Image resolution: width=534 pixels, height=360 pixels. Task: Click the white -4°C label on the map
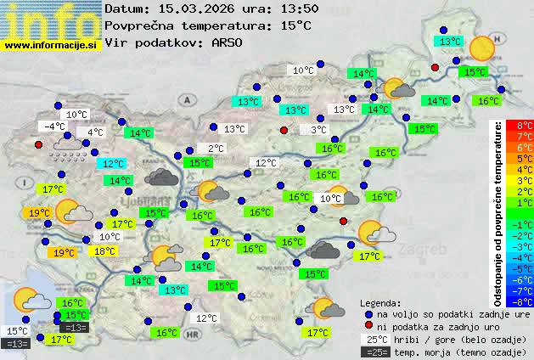[53, 127]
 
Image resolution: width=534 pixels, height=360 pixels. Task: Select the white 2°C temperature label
[216, 149]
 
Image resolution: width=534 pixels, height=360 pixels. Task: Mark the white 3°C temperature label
[318, 130]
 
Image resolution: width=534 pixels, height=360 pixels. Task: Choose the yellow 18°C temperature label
[104, 251]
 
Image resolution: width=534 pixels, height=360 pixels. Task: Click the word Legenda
[380, 303]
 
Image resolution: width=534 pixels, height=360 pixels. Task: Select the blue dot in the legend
[368, 314]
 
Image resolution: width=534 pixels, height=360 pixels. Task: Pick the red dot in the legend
[368, 327]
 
